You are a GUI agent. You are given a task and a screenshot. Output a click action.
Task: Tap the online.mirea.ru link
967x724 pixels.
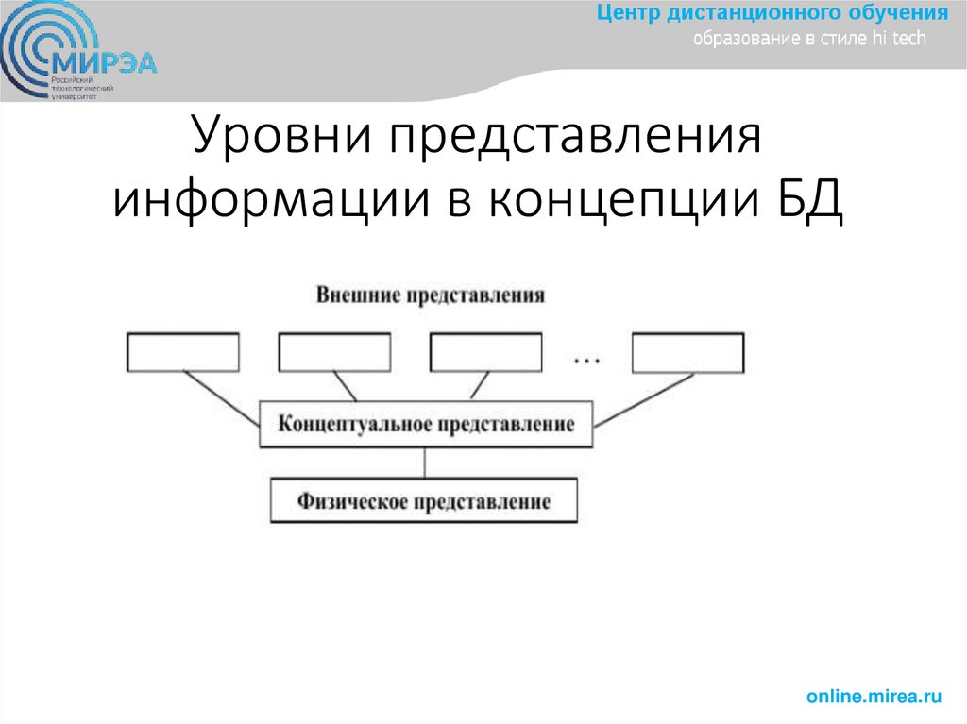pyautogui.click(x=874, y=697)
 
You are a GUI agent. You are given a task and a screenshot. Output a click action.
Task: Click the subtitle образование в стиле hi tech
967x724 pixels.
pyautogui.click(x=810, y=39)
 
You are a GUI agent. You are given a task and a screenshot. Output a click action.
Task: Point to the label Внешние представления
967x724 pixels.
pyautogui.click(x=430, y=295)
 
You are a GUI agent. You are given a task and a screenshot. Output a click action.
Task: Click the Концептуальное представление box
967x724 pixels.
pyautogui.click(x=426, y=424)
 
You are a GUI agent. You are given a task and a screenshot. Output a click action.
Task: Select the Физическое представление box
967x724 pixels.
pyautogui.click(x=423, y=499)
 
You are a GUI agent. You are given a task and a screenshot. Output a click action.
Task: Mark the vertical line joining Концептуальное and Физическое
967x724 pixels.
pyautogui.click(x=426, y=462)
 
